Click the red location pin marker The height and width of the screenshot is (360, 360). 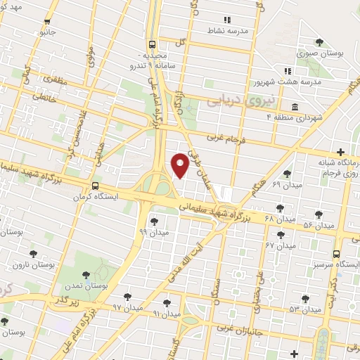(180, 165)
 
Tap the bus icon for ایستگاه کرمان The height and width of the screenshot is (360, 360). (95, 186)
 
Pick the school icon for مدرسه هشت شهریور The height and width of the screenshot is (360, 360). (287, 71)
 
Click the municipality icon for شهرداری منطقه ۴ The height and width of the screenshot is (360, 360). (294, 107)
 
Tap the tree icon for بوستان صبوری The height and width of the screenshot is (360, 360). (319, 42)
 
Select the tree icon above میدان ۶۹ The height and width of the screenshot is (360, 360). (286, 174)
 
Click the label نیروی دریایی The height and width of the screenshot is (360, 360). (234, 103)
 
